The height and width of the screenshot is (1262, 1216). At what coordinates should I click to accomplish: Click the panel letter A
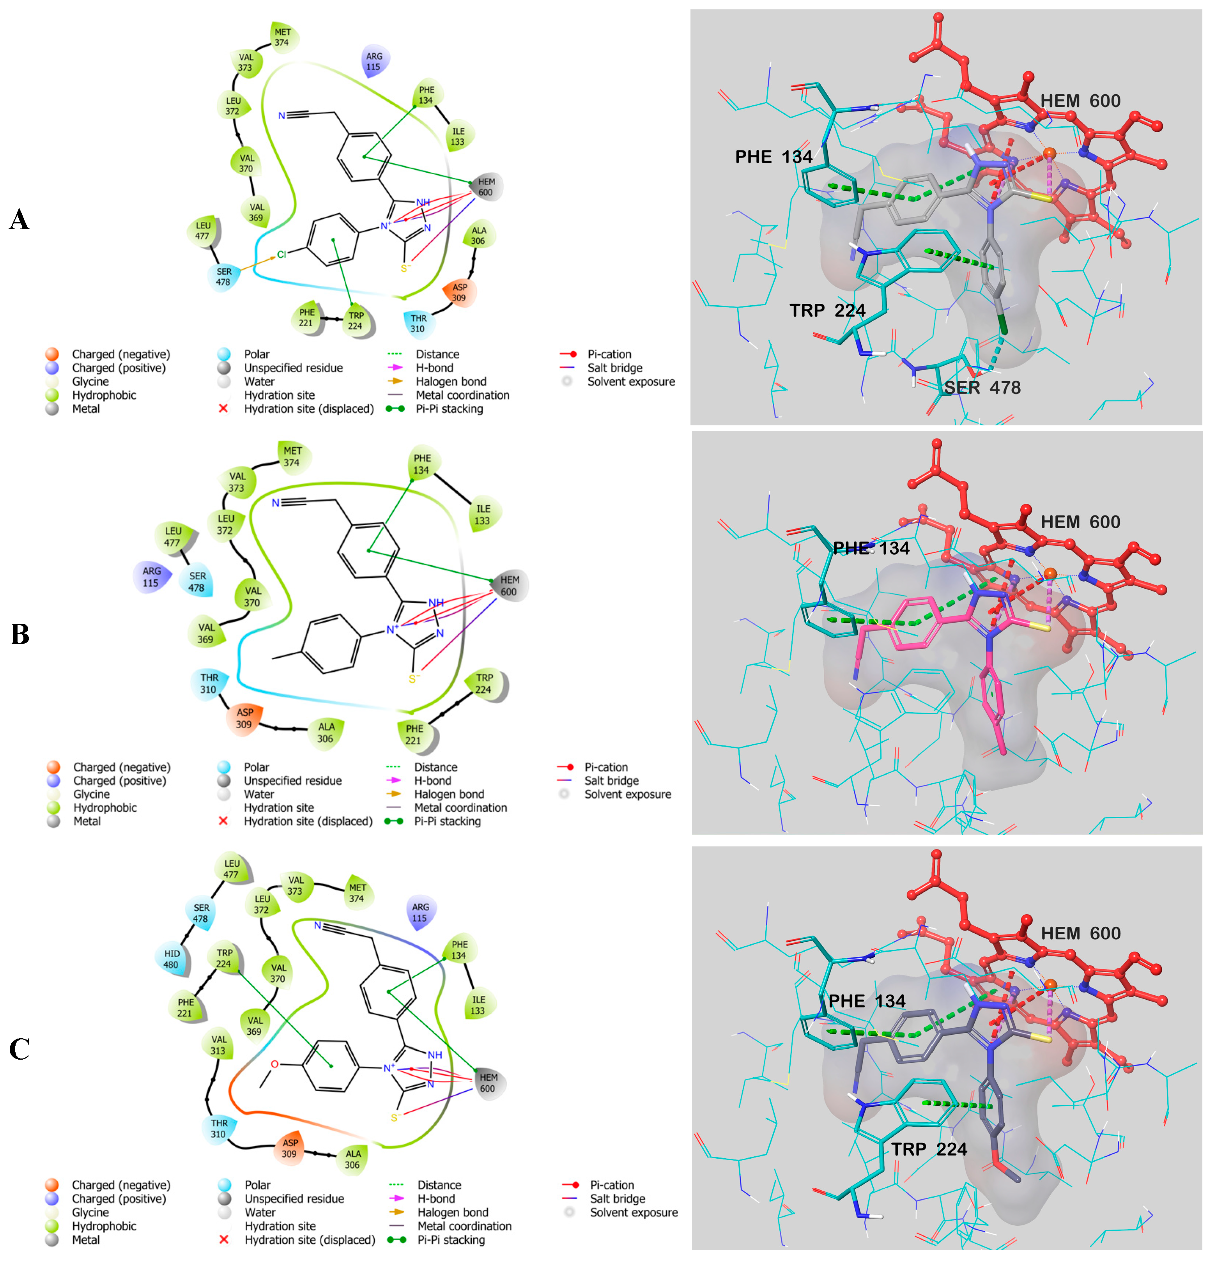click(x=19, y=219)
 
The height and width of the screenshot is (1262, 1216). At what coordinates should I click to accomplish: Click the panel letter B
click(x=20, y=634)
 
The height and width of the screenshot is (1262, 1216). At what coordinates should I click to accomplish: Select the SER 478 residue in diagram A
click(x=223, y=277)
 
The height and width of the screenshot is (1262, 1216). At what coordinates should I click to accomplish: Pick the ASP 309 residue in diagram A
click(x=459, y=293)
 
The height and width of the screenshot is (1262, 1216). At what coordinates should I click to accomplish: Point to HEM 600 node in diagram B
click(x=508, y=586)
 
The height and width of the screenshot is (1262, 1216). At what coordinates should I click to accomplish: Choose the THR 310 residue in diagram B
click(x=209, y=684)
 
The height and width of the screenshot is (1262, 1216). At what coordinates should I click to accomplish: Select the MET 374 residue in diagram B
click(x=292, y=457)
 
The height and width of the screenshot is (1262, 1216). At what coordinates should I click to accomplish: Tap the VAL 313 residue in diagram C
click(x=219, y=1045)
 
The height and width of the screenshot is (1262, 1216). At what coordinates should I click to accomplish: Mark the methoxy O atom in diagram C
click(x=275, y=1064)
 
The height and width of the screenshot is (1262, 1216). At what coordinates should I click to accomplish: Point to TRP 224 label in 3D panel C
click(x=929, y=1149)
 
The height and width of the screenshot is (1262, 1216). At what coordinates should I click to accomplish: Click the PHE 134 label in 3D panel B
click(x=871, y=549)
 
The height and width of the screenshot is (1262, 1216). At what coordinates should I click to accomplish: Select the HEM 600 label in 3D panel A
click(x=1080, y=101)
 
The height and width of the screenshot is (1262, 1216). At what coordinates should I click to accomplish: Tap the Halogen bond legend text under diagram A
click(x=451, y=382)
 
